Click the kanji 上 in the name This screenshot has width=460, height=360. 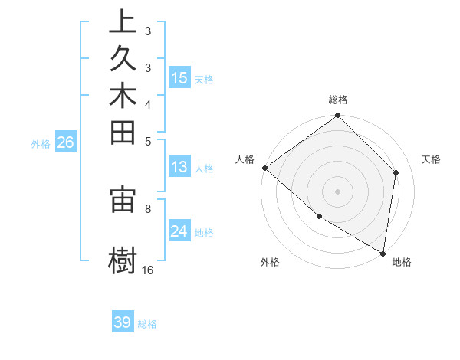(123, 22)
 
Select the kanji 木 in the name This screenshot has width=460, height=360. (123, 96)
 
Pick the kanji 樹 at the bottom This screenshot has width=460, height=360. (123, 259)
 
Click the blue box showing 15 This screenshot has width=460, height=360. (179, 77)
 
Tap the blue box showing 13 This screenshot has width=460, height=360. (179, 167)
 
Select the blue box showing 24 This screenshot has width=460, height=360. (179, 231)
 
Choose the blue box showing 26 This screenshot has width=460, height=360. (66, 142)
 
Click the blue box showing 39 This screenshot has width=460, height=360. (123, 322)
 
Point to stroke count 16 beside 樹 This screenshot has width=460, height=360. (148, 270)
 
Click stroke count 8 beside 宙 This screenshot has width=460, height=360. (148, 208)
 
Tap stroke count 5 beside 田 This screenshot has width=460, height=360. (148, 141)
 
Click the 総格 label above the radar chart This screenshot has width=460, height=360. (338, 100)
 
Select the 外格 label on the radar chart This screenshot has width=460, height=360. (269, 262)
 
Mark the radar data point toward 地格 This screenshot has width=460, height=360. (383, 252)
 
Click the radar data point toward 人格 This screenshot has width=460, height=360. (264, 168)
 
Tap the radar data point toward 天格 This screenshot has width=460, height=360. (396, 172)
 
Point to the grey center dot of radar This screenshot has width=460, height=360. (338, 191)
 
